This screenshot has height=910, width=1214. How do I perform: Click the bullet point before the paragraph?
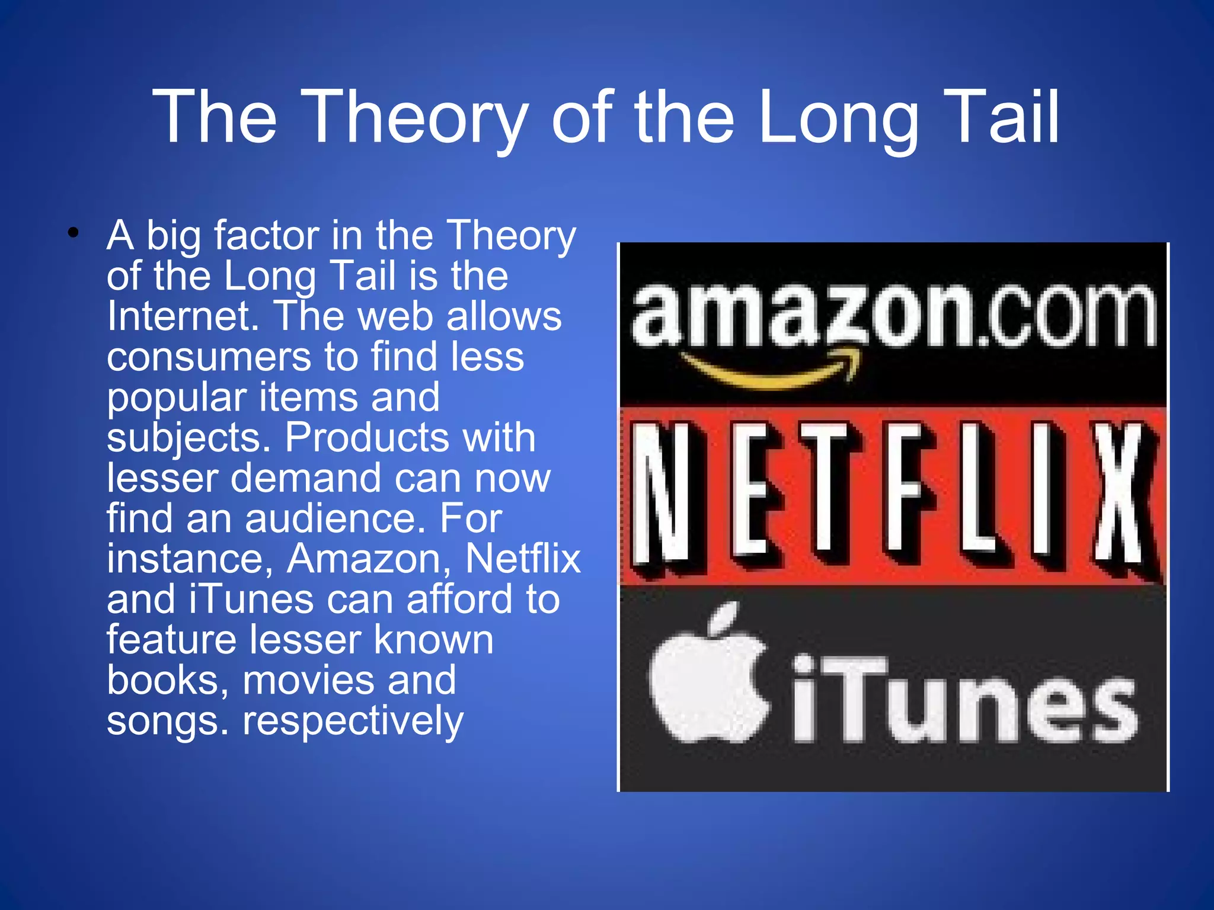pyautogui.click(x=73, y=233)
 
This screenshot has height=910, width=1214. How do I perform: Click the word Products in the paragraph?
pyautogui.click(x=366, y=437)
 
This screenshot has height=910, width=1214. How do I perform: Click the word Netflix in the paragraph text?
pyautogui.click(x=522, y=559)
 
